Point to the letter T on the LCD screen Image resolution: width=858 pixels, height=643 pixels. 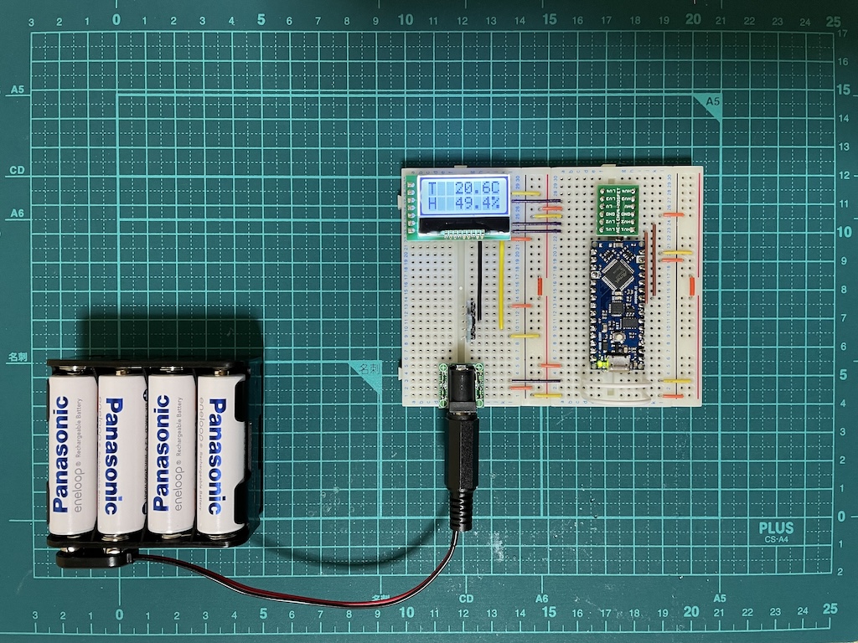click(x=432, y=187)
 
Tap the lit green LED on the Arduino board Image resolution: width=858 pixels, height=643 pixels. click(x=602, y=364)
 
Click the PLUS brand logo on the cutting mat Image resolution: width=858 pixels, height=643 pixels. click(x=776, y=528)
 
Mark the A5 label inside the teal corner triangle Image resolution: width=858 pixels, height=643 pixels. click(x=713, y=101)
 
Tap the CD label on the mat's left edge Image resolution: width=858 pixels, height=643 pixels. click(x=16, y=170)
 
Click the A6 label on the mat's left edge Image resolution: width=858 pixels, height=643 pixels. click(x=16, y=214)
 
